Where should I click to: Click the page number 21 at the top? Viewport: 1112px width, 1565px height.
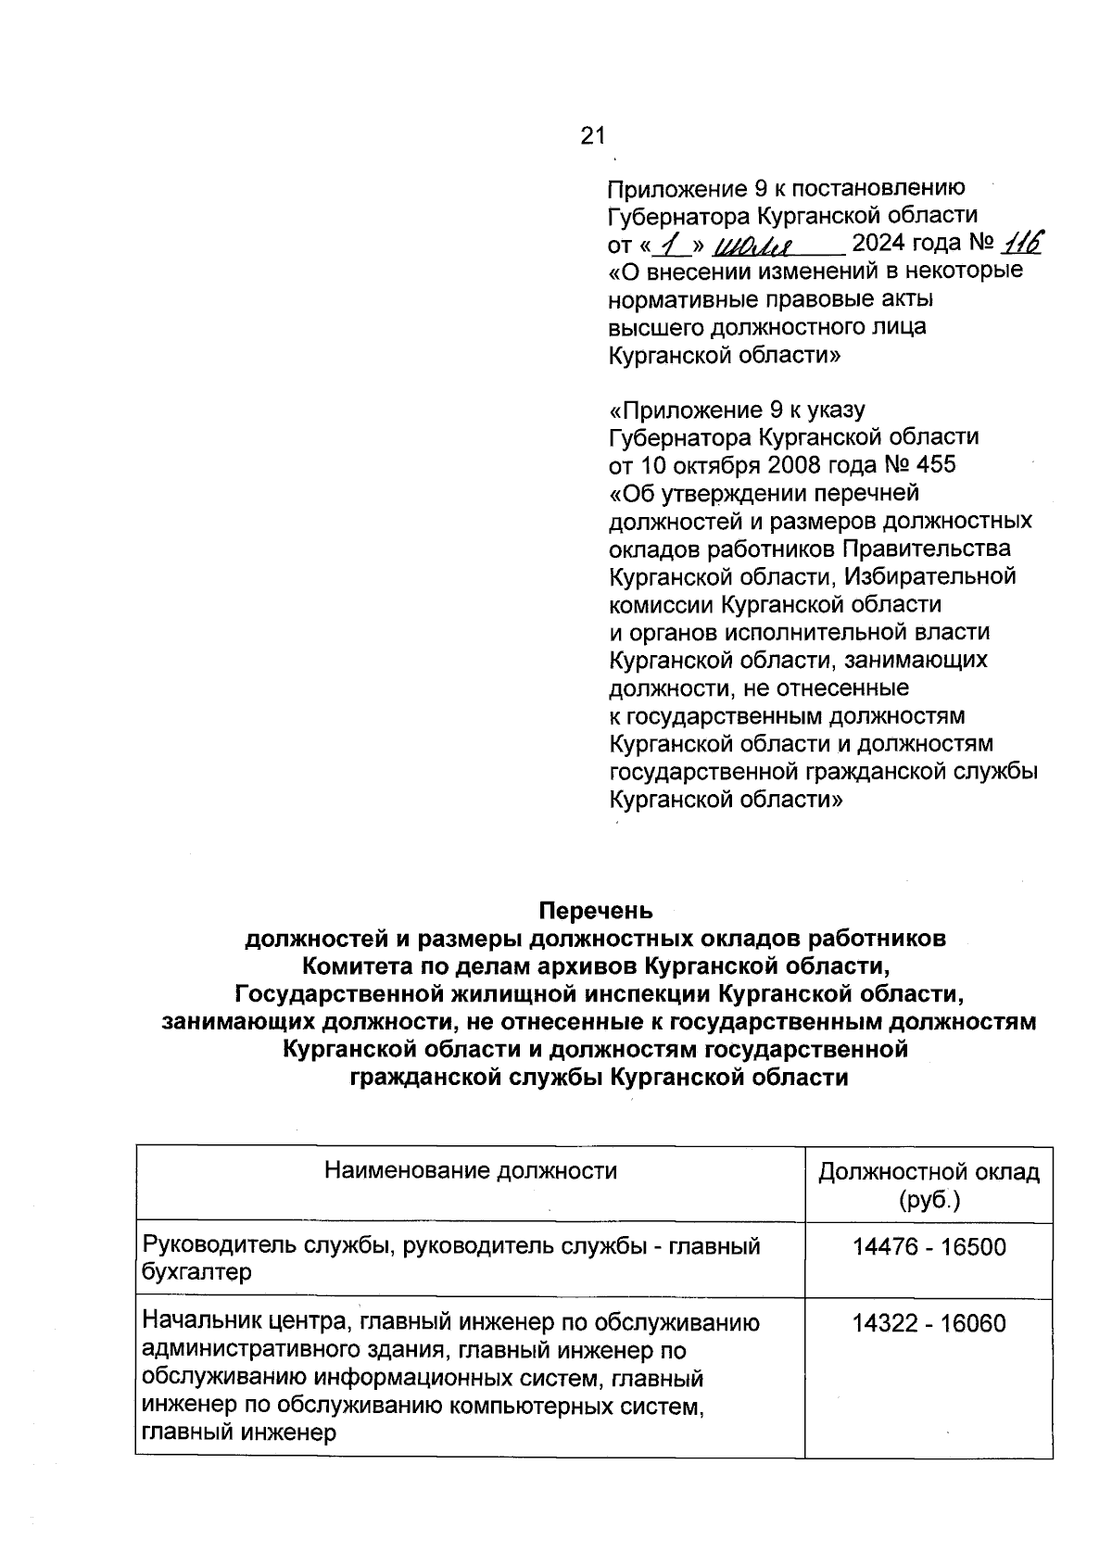592,136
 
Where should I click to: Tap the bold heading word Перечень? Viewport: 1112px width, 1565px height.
596,911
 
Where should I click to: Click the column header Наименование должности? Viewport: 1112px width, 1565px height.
471,1170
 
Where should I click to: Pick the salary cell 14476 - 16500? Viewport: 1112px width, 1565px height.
929,1246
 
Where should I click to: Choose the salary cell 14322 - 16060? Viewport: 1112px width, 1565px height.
929,1323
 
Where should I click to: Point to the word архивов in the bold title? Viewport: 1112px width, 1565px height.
584,966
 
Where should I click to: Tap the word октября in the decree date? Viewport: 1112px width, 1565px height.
699,464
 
